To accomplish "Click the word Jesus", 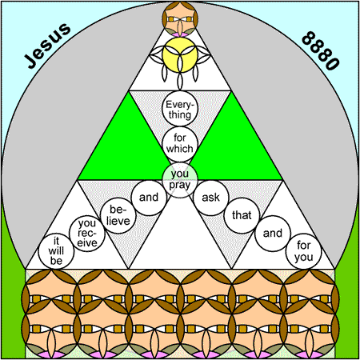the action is tap(47, 46).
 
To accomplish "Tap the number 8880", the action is tap(321, 50).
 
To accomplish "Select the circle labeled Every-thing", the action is tap(180, 109).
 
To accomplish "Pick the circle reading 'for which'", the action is tap(180, 144).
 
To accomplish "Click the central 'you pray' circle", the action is tap(180, 180).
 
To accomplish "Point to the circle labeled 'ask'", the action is tap(211, 198).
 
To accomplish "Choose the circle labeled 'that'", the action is tap(242, 215).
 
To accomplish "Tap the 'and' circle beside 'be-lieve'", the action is tap(149, 198).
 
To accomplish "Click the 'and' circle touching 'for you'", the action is tap(273, 234).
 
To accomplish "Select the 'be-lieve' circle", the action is tap(118, 215).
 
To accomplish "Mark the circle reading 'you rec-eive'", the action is tap(87, 234).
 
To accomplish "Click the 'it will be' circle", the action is tap(56, 251).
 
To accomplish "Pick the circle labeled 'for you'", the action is tap(304, 251).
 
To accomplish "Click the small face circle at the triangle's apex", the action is tap(180, 18).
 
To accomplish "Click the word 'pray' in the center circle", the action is tap(180, 185).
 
